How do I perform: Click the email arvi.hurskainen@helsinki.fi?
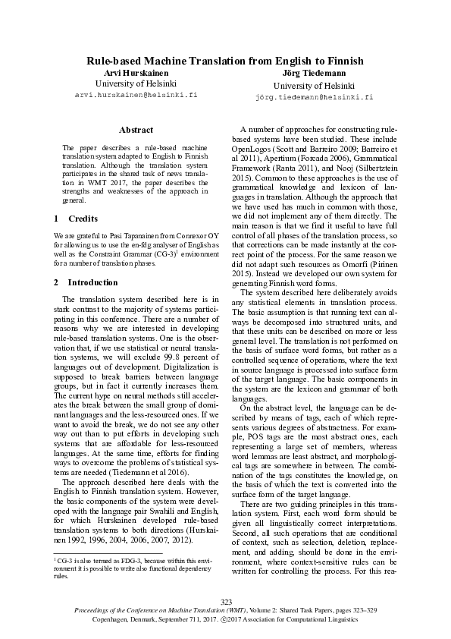[136, 96]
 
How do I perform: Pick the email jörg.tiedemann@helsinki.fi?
[314, 98]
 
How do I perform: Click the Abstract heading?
[136, 131]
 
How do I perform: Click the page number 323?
[225, 600]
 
